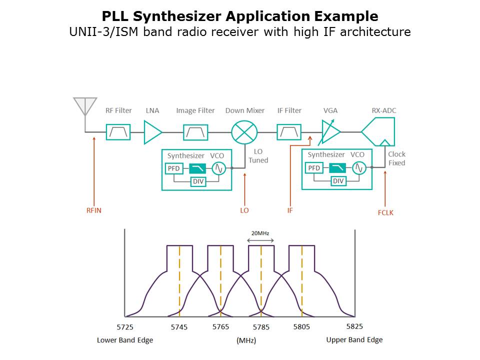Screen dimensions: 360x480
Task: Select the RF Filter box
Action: [118, 132]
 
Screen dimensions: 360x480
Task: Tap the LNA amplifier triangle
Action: [152, 132]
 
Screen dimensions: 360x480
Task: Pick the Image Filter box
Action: [195, 132]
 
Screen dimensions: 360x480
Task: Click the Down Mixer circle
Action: [244, 132]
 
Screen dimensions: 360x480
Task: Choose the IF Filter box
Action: [289, 132]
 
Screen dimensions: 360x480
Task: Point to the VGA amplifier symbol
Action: [329, 132]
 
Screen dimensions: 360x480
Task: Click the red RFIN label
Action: [93, 210]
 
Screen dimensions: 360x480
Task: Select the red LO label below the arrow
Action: [244, 210]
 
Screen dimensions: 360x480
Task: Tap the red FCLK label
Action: [385, 212]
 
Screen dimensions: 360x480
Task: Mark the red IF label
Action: [290, 210]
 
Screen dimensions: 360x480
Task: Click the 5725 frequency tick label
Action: [125, 327]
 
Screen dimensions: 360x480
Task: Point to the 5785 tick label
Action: [261, 327]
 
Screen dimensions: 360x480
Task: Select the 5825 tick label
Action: [354, 326]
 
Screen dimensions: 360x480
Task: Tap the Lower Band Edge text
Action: [125, 340]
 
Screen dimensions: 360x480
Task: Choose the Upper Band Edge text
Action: [354, 340]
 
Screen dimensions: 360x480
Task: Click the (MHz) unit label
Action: [246, 340]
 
